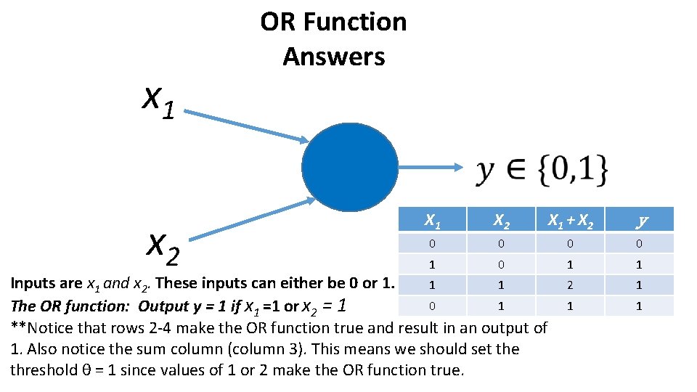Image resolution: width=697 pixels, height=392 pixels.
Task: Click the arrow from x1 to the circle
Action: (x=247, y=125)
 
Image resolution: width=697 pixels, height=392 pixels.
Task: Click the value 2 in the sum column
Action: (x=570, y=285)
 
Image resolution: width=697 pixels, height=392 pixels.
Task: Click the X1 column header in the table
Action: (x=432, y=220)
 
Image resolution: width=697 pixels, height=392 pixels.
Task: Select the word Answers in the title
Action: (x=333, y=57)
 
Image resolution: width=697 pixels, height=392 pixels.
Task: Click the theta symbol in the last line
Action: (x=86, y=370)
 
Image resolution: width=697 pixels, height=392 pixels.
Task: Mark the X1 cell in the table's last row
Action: (x=432, y=306)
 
